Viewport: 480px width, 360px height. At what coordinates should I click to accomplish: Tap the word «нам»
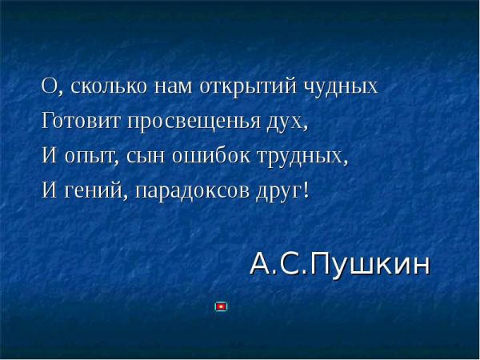(174, 87)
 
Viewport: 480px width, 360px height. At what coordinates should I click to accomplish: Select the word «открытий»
(248, 87)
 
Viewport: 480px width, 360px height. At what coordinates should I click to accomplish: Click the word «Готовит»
(80, 121)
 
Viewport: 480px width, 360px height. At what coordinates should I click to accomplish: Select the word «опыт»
(90, 157)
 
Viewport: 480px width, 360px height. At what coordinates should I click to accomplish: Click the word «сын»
(142, 157)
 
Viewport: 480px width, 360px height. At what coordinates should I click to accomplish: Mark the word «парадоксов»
(192, 191)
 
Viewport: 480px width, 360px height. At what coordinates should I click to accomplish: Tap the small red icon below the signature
(221, 306)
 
